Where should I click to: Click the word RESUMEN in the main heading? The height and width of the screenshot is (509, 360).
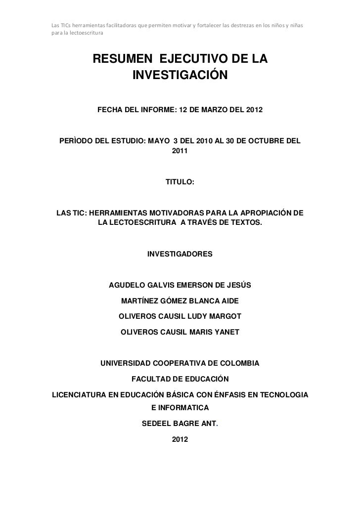click(x=121, y=60)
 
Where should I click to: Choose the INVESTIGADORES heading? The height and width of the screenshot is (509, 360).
click(x=180, y=254)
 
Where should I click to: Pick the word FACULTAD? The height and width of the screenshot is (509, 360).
click(x=151, y=380)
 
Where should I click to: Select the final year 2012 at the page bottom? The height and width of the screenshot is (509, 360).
click(x=180, y=439)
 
